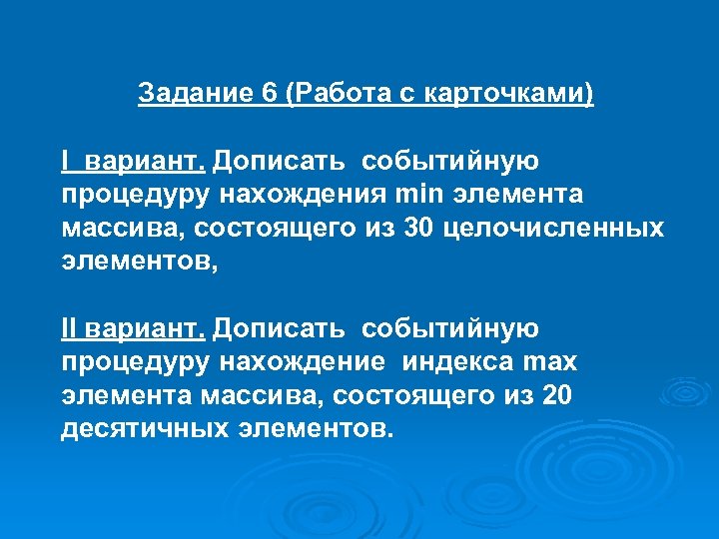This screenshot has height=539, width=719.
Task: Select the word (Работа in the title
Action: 334,95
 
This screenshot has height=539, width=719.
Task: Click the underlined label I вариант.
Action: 133,160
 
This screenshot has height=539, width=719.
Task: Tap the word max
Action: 549,362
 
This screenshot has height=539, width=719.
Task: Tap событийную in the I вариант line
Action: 450,160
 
